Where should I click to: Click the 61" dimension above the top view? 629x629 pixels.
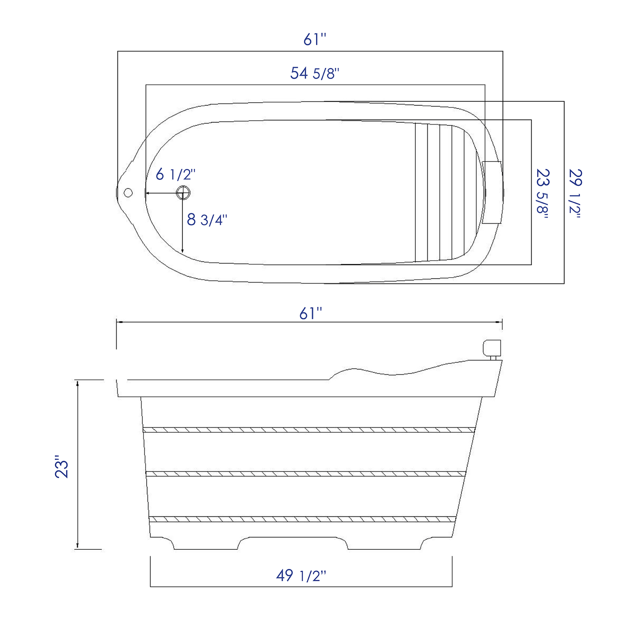[314, 40]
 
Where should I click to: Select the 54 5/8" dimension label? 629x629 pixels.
[314, 73]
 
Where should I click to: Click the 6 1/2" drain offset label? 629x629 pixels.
[175, 175]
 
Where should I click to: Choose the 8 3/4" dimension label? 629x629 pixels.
[207, 220]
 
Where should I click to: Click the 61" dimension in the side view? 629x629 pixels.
[310, 313]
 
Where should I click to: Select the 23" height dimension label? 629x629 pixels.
[62, 467]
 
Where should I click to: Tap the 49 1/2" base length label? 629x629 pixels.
[301, 575]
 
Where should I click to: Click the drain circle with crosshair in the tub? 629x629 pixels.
[183, 192]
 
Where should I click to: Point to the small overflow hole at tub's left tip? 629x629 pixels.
[128, 192]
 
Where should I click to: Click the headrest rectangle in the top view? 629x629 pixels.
[492, 192]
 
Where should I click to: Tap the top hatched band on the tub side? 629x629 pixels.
[309, 430]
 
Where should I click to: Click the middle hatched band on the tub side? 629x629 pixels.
[306, 474]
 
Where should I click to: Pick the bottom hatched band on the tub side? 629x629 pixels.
[303, 519]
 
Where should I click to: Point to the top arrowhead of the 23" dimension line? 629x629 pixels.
[77, 383]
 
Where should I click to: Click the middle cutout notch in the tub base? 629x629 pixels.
[293, 542]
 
